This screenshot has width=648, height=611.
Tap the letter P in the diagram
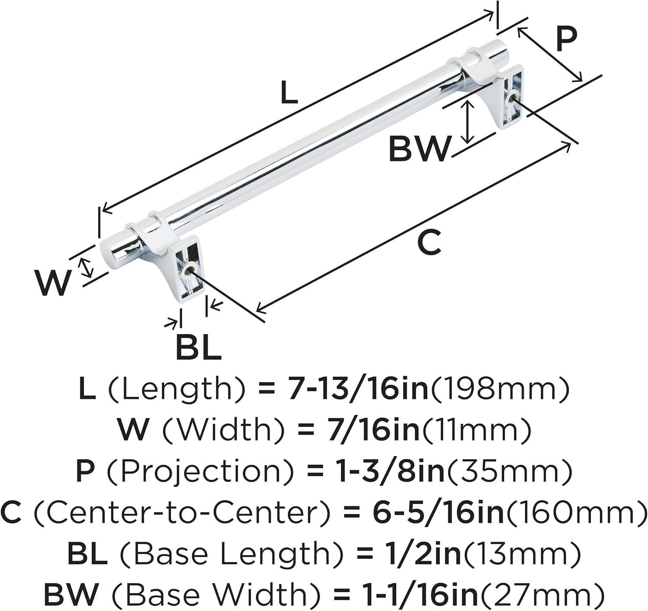[566, 40]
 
